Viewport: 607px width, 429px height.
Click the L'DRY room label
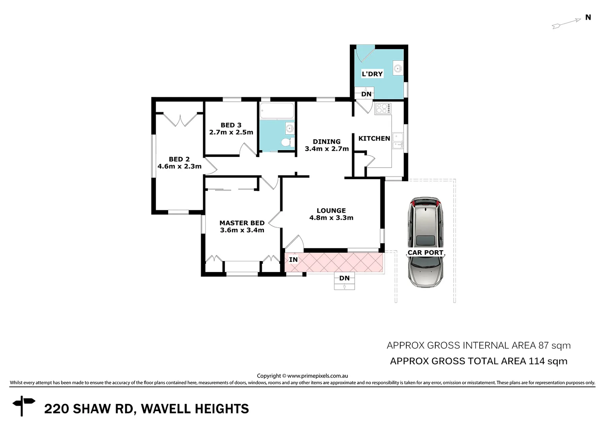pos(372,74)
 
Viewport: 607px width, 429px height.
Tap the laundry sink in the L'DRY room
pos(398,68)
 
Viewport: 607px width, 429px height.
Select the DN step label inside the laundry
pos(366,94)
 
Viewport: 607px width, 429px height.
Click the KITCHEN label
pos(374,138)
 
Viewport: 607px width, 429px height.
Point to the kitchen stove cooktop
pos(383,108)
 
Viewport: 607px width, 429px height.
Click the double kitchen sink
pos(398,141)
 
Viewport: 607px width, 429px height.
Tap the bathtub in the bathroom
pos(277,111)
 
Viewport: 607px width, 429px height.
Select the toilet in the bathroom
pos(285,142)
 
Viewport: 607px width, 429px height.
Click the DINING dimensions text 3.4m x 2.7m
pos(327,149)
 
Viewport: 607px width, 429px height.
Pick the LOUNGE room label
pos(331,211)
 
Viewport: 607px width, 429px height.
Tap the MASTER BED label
pos(242,223)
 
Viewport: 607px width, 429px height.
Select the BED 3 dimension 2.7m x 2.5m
pos(231,132)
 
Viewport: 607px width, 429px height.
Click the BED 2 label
pos(179,159)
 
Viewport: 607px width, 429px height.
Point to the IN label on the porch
pos(293,260)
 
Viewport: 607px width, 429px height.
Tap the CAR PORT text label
pos(425,253)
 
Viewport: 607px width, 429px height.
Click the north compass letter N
pos(588,17)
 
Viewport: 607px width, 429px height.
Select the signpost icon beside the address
pos(23,406)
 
